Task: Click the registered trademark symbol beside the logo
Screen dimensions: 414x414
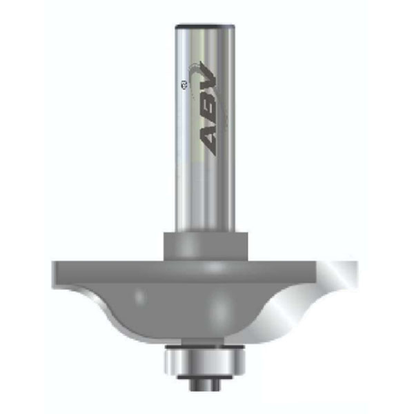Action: pos(181,85)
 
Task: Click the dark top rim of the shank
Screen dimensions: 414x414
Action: pos(204,26)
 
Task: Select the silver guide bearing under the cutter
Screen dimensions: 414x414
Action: pos(204,359)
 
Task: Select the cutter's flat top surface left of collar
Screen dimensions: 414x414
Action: pos(110,262)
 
